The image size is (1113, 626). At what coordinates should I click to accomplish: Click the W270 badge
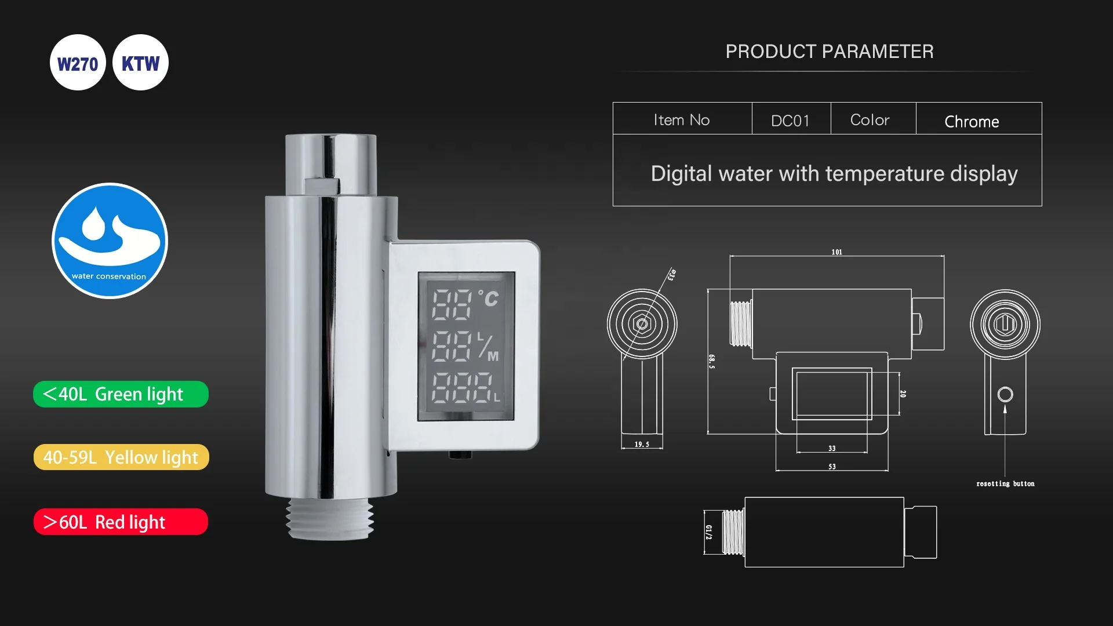(78, 63)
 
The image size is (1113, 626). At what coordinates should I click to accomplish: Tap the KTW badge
(140, 63)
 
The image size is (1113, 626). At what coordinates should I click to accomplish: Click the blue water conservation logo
(110, 241)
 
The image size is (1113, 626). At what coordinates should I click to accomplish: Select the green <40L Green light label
(121, 394)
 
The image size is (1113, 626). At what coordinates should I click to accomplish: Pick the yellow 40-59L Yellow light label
(121, 457)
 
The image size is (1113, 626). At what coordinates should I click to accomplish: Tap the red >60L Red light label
(121, 522)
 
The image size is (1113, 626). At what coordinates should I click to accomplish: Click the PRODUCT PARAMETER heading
(829, 52)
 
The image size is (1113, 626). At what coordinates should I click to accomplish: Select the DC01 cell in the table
(790, 120)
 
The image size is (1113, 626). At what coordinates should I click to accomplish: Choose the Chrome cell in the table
(972, 121)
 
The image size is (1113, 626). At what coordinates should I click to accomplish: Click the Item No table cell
(682, 119)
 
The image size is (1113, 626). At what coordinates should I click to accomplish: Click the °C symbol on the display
(489, 299)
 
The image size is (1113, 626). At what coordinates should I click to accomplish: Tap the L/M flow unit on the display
(488, 347)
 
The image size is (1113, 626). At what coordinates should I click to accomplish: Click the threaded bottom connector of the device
(329, 518)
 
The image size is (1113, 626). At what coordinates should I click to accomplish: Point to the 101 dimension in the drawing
(836, 252)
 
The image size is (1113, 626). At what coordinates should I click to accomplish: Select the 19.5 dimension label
(642, 445)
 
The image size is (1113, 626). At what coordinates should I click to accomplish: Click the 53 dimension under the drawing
(832, 467)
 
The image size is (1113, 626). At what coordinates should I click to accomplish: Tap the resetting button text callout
(1005, 483)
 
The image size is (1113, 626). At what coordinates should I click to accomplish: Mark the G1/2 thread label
(708, 532)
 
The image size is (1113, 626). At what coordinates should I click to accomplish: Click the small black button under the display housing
(460, 455)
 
